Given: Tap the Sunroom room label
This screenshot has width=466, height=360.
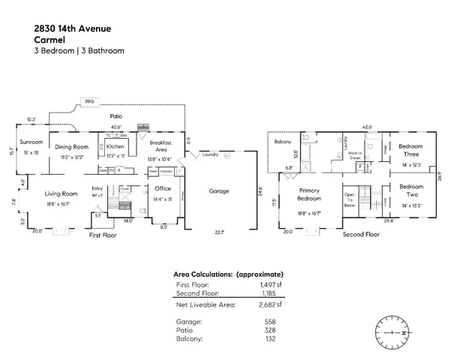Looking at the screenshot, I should tap(32, 142).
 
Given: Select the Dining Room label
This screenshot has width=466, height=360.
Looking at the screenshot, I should tap(72, 147).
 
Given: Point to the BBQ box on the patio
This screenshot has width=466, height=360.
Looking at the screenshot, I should tap(89, 100).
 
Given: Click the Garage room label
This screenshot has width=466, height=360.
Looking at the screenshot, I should tap(219, 191).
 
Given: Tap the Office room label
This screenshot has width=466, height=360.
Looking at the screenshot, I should tap(163, 188).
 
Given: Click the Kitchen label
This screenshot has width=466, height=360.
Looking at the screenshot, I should tap(115, 147).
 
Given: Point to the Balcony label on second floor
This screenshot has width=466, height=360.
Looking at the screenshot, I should tap(282, 141).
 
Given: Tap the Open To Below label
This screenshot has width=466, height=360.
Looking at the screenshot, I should tap(350, 200).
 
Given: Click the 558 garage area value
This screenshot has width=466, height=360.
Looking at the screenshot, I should tap(269, 320).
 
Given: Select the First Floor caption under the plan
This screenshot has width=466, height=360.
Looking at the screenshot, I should tap(104, 235).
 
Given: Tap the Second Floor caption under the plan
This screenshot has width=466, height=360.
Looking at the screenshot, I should tap(361, 234).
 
